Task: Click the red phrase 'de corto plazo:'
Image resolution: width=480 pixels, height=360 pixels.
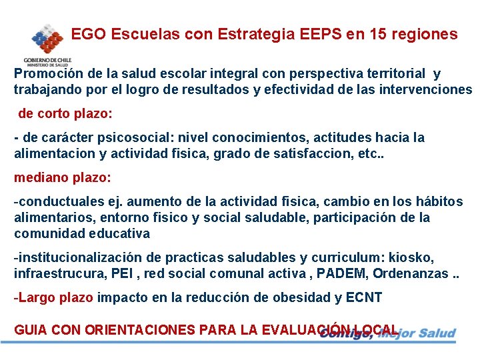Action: point(65,113)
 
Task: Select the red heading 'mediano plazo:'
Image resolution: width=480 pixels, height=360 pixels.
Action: point(63,178)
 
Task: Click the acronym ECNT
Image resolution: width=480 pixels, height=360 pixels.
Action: point(364,298)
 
